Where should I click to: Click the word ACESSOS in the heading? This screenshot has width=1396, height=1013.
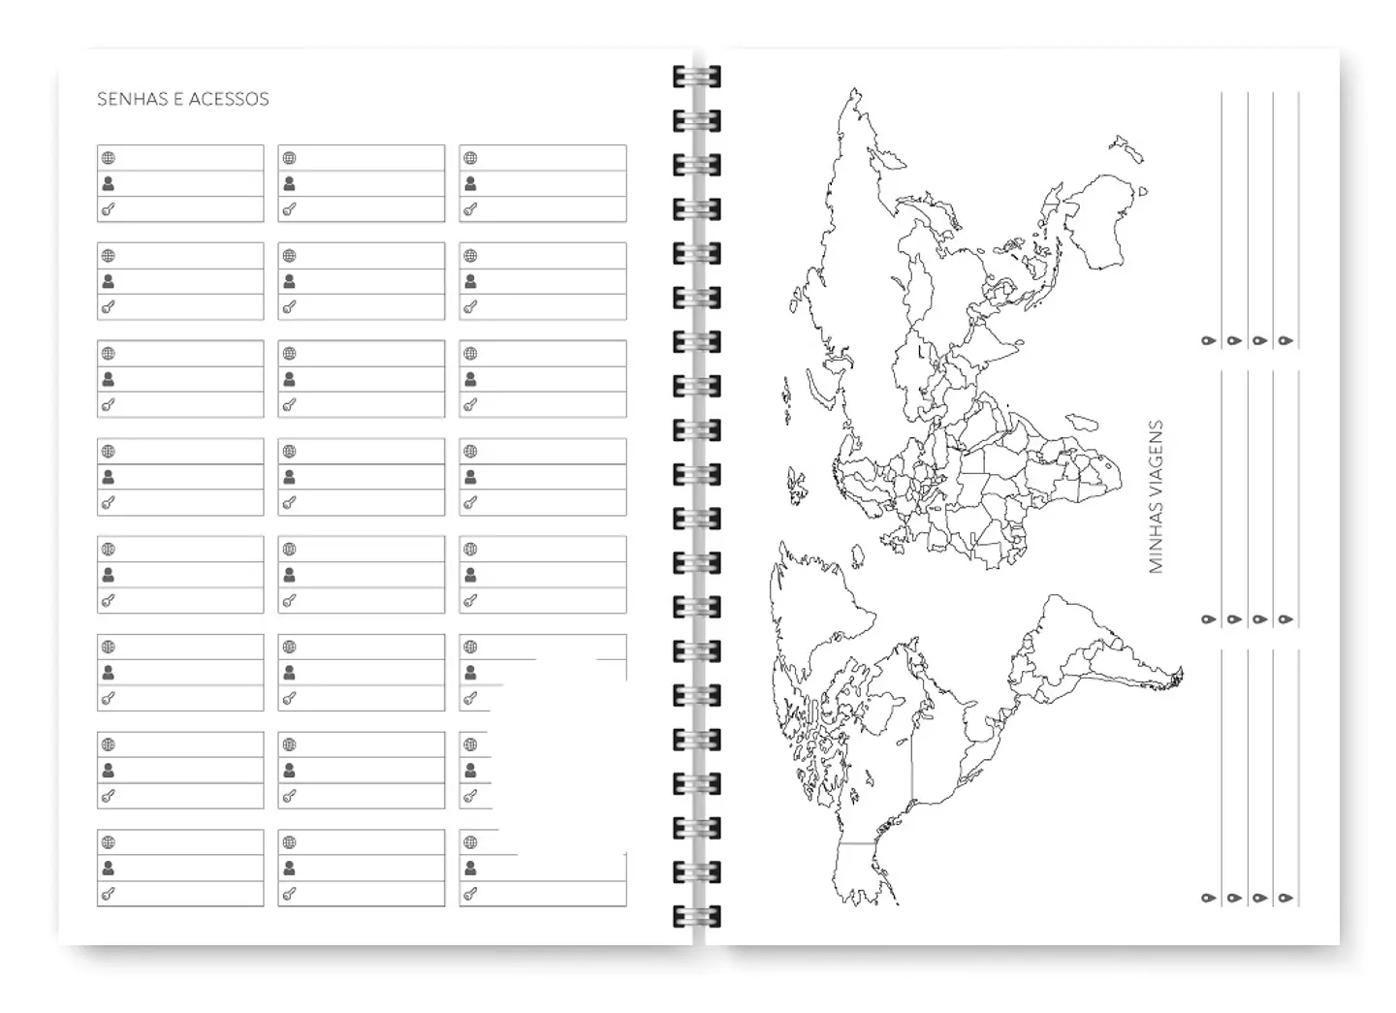pyautogui.click(x=229, y=99)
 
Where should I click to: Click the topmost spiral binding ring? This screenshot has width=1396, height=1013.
pyautogui.click(x=696, y=77)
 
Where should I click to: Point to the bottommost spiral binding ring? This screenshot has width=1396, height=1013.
pyautogui.click(x=696, y=916)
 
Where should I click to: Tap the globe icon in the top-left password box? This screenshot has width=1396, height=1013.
pyautogui.click(x=109, y=158)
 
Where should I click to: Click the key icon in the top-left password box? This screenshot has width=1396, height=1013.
pyautogui.click(x=109, y=209)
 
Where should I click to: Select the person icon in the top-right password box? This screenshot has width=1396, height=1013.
pyautogui.click(x=470, y=183)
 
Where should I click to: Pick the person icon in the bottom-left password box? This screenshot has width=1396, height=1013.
pyautogui.click(x=109, y=868)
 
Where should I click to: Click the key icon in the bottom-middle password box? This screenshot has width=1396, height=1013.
pyautogui.click(x=289, y=894)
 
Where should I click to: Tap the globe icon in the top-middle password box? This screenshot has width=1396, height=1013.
pyautogui.click(x=289, y=158)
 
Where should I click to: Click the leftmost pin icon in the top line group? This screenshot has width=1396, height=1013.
pyautogui.click(x=1208, y=341)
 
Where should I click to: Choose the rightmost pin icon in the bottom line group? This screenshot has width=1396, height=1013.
pyautogui.click(x=1285, y=899)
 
